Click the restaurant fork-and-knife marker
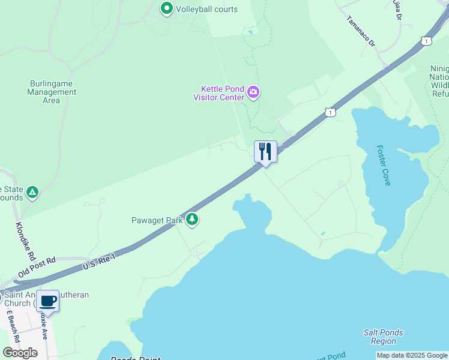(x=265, y=151)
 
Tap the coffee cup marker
(x=48, y=300)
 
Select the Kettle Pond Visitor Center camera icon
(x=253, y=92)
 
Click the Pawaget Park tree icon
(x=192, y=220)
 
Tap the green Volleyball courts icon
(x=166, y=9)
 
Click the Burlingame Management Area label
(x=52, y=92)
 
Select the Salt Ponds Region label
(x=383, y=337)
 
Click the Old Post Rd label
(x=37, y=267)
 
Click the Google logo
(x=20, y=353)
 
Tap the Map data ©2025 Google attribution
(x=412, y=355)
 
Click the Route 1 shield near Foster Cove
(x=330, y=112)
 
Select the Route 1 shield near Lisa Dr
(x=426, y=40)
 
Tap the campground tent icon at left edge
(x=33, y=193)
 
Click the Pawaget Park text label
(x=157, y=220)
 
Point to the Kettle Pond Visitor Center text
(x=218, y=93)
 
